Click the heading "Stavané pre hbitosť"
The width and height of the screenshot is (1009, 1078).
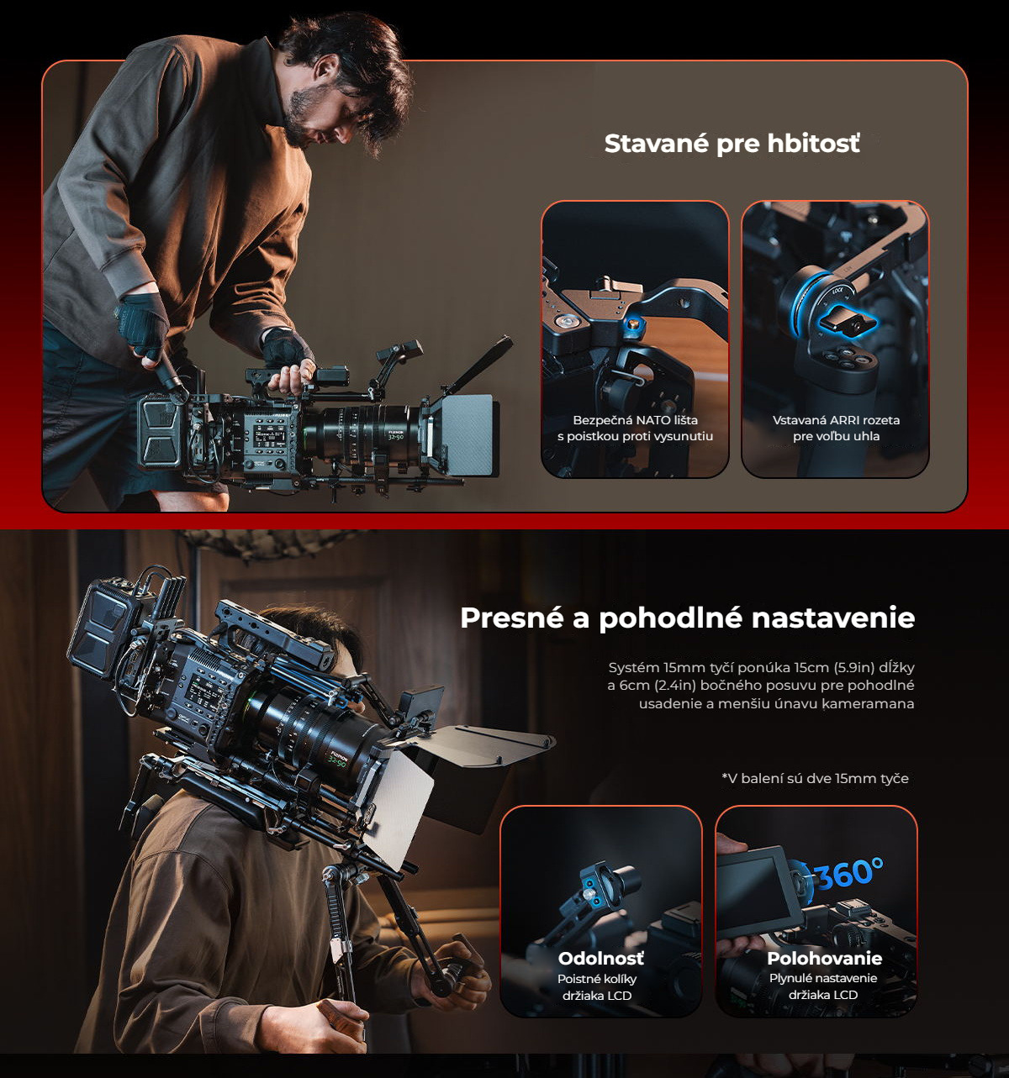click(732, 144)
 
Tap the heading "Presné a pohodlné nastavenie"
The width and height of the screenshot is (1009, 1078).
click(687, 618)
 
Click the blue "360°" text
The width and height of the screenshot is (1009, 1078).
click(849, 872)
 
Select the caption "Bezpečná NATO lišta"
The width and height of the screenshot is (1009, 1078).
click(635, 419)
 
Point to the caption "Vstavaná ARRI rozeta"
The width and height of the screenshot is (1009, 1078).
click(836, 419)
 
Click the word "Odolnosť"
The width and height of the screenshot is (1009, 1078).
click(601, 958)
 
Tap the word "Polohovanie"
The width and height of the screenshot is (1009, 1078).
click(824, 958)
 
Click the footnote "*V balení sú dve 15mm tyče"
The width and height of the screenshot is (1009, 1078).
click(815, 778)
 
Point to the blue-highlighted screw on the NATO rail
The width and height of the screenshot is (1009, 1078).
click(633, 325)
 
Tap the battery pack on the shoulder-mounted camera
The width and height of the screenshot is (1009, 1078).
click(102, 629)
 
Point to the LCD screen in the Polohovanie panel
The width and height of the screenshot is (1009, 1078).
click(755, 890)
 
